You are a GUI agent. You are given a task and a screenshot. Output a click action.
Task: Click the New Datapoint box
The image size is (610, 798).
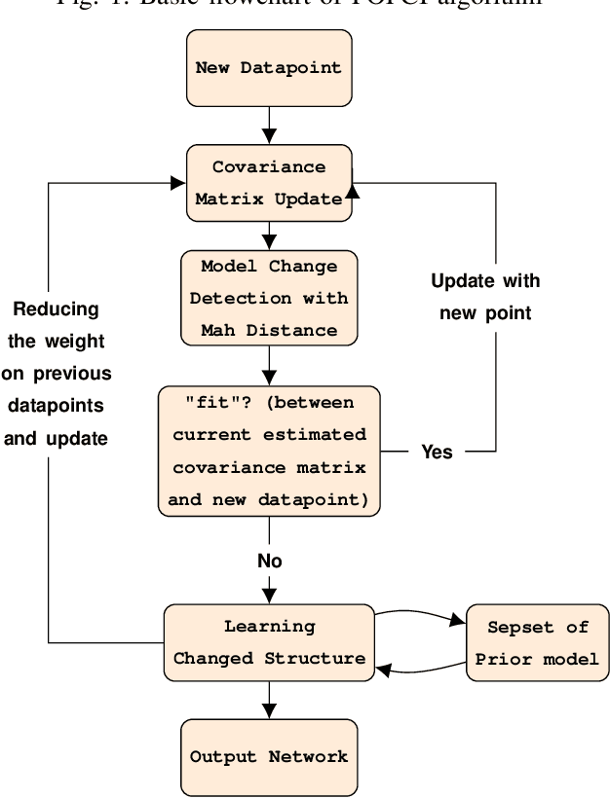pos(268,68)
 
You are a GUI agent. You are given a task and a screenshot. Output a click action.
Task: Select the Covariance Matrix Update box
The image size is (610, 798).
pos(268,183)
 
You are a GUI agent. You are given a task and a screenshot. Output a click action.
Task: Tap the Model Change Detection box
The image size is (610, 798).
pos(268,299)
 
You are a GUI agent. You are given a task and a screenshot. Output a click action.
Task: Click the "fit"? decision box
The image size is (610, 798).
pos(269,450)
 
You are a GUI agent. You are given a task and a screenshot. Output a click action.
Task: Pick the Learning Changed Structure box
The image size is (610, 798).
pos(269,641)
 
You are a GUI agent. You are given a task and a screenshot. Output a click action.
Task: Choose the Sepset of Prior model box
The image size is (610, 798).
pos(536,641)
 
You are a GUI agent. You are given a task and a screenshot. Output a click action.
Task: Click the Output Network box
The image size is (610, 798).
pos(269,755)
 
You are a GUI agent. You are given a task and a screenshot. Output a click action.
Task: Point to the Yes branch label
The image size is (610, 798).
pos(437,452)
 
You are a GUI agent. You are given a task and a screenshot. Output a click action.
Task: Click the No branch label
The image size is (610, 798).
pos(269,561)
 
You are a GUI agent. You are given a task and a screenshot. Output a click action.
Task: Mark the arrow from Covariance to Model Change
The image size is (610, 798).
pos(269,234)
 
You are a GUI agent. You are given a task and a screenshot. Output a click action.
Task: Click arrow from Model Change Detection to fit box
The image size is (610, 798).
pos(269,366)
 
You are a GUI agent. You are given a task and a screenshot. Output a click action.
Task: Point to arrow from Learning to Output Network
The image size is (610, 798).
pos(269,699)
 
